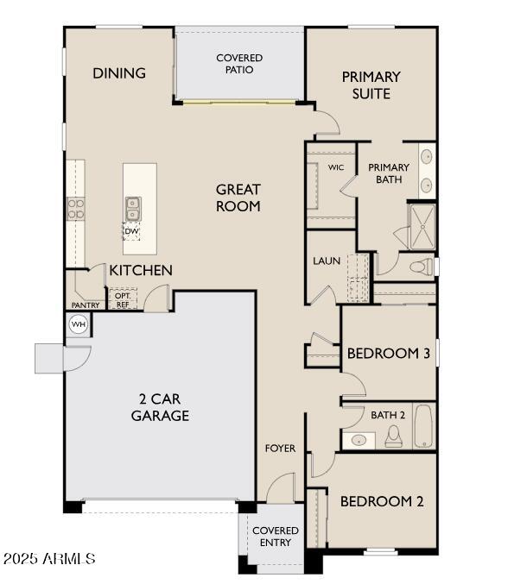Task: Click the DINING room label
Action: [119, 73]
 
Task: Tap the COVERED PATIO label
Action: [239, 64]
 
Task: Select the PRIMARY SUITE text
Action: [371, 85]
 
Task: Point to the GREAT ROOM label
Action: [238, 198]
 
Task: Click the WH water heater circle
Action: [78, 324]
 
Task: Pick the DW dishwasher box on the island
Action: [131, 231]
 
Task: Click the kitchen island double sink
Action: [134, 207]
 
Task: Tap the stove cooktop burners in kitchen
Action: [76, 209]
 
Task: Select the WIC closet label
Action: [336, 167]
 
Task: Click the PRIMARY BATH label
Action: [389, 173]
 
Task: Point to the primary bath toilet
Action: [421, 267]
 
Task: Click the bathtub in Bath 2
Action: [423, 426]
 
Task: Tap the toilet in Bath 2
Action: [393, 437]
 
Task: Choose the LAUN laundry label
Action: [327, 261]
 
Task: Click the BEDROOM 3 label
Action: [387, 353]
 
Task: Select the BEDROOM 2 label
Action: [381, 501]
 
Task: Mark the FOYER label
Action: [280, 449]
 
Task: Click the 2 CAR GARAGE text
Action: [160, 407]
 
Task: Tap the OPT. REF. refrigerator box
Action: [122, 300]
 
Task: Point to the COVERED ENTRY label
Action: [276, 537]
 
